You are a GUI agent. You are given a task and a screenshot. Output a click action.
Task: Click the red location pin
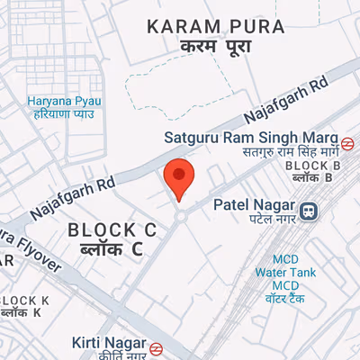point(179,176)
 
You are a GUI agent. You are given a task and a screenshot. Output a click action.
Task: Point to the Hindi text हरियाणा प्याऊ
point(60,115)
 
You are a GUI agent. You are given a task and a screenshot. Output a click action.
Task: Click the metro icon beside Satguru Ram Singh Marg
point(347,141)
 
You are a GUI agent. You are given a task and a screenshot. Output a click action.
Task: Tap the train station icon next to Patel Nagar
point(309,211)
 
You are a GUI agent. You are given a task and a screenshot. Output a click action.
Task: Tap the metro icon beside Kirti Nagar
point(156,346)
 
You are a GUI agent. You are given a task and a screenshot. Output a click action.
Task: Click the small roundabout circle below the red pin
point(181,215)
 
